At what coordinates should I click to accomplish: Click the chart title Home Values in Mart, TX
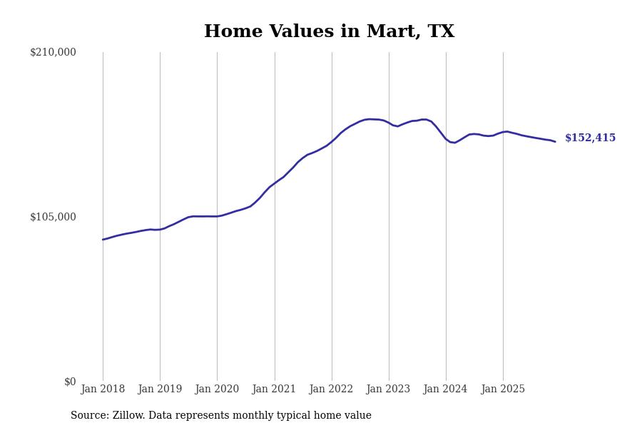(329, 32)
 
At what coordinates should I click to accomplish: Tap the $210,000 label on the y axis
(53, 52)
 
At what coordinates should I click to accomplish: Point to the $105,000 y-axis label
(53, 217)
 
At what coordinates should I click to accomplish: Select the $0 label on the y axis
(69, 382)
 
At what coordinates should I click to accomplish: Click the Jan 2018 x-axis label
(103, 389)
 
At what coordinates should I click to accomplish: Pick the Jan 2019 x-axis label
(160, 389)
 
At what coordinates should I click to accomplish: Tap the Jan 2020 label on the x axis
(217, 389)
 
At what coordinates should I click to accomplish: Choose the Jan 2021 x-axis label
(275, 389)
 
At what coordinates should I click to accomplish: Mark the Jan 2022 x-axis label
(332, 389)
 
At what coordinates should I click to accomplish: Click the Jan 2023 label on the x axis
(389, 389)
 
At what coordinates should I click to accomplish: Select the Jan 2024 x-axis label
(446, 389)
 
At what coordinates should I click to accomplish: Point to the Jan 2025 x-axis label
(503, 389)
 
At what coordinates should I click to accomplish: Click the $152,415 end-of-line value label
(590, 138)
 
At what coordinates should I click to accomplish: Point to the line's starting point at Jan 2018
(103, 240)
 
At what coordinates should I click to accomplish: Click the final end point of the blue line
(555, 141)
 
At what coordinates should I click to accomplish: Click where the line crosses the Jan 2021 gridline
(275, 184)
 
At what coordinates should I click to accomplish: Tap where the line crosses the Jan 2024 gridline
(446, 138)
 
